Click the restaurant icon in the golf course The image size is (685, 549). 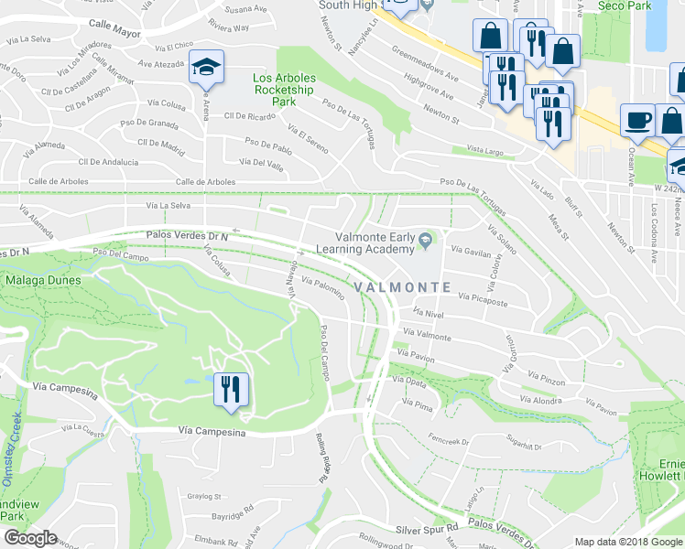click(x=228, y=389)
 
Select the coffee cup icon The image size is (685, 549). click(x=637, y=120)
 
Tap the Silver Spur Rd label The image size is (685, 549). click(x=426, y=529)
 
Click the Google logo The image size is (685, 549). click(x=30, y=538)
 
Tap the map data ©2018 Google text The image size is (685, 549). click(x=627, y=542)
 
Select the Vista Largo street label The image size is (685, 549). click(x=486, y=148)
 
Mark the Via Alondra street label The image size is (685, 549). click(x=540, y=400)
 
